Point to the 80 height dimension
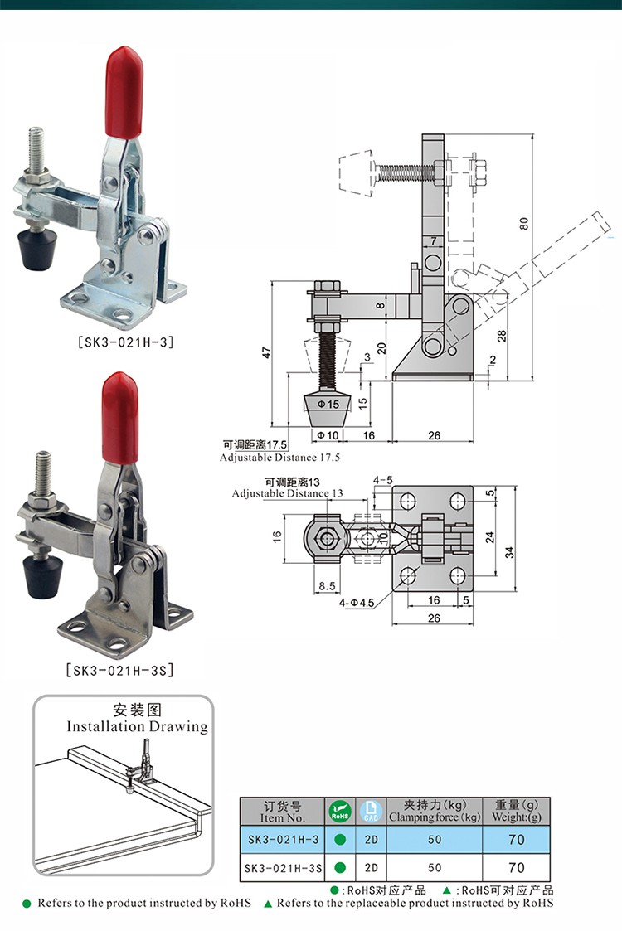point(523,224)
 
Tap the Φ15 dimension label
point(329,404)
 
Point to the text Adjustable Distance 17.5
point(279,457)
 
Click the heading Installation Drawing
point(137,726)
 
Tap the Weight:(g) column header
point(517,811)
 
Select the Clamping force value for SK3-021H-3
point(435,840)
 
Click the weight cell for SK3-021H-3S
point(517,868)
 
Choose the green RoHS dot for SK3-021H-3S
point(340,868)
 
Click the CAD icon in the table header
point(370,811)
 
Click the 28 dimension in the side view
point(502,337)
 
